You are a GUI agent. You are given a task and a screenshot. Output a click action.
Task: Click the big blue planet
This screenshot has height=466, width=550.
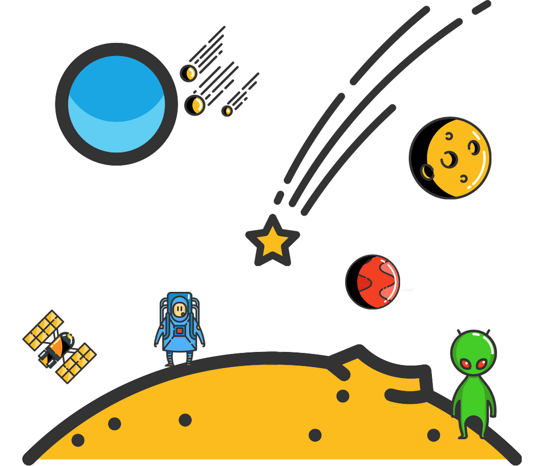pyautogui.click(x=116, y=103)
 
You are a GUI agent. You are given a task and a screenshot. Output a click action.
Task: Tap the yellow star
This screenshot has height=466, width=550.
pyautogui.click(x=272, y=241)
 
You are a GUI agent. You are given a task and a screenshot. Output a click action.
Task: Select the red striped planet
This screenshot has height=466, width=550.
pyautogui.click(x=373, y=282)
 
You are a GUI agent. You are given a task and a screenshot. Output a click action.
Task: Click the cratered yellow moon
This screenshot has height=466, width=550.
pyautogui.click(x=450, y=158)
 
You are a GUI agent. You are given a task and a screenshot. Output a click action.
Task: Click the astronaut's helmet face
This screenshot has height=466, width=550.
pyautogui.click(x=179, y=308)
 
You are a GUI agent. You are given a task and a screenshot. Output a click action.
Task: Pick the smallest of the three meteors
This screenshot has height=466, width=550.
pyautogui.click(x=227, y=111)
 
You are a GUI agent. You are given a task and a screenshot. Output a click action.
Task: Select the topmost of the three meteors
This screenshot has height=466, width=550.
pyautogui.click(x=188, y=73)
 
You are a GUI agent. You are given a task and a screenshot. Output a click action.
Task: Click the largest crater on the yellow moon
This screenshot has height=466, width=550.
pyautogui.click(x=448, y=160)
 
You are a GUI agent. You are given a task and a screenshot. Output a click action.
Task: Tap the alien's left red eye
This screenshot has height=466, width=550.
pyautogui.click(x=465, y=364)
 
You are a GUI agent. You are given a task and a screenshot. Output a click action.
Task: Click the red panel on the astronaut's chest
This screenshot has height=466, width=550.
pyautogui.click(x=179, y=330)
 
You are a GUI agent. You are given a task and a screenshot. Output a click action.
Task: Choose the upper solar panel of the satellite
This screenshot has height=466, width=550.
pyautogui.click(x=43, y=330)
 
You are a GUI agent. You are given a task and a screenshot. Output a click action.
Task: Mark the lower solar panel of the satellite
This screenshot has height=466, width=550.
pyautogui.click(x=76, y=363)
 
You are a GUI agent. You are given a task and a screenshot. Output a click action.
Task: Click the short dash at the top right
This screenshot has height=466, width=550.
pyautogui.click(x=481, y=8)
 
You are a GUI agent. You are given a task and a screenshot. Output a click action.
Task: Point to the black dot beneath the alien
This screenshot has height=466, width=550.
pyautogui.click(x=433, y=435)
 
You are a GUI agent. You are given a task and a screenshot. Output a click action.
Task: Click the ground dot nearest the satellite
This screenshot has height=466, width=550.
pyautogui.click(x=78, y=440)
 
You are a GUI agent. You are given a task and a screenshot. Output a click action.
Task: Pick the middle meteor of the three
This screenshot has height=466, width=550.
pyautogui.click(x=194, y=105)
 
